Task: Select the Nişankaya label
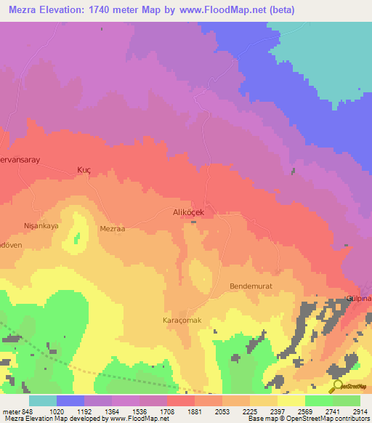[x=41, y=225]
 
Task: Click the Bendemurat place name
[x=251, y=286]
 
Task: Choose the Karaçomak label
[x=181, y=320]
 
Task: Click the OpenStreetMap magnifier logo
[x=339, y=386]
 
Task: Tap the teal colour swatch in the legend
[x=43, y=400]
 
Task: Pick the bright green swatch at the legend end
[x=346, y=400]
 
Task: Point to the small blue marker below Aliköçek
[x=193, y=222]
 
